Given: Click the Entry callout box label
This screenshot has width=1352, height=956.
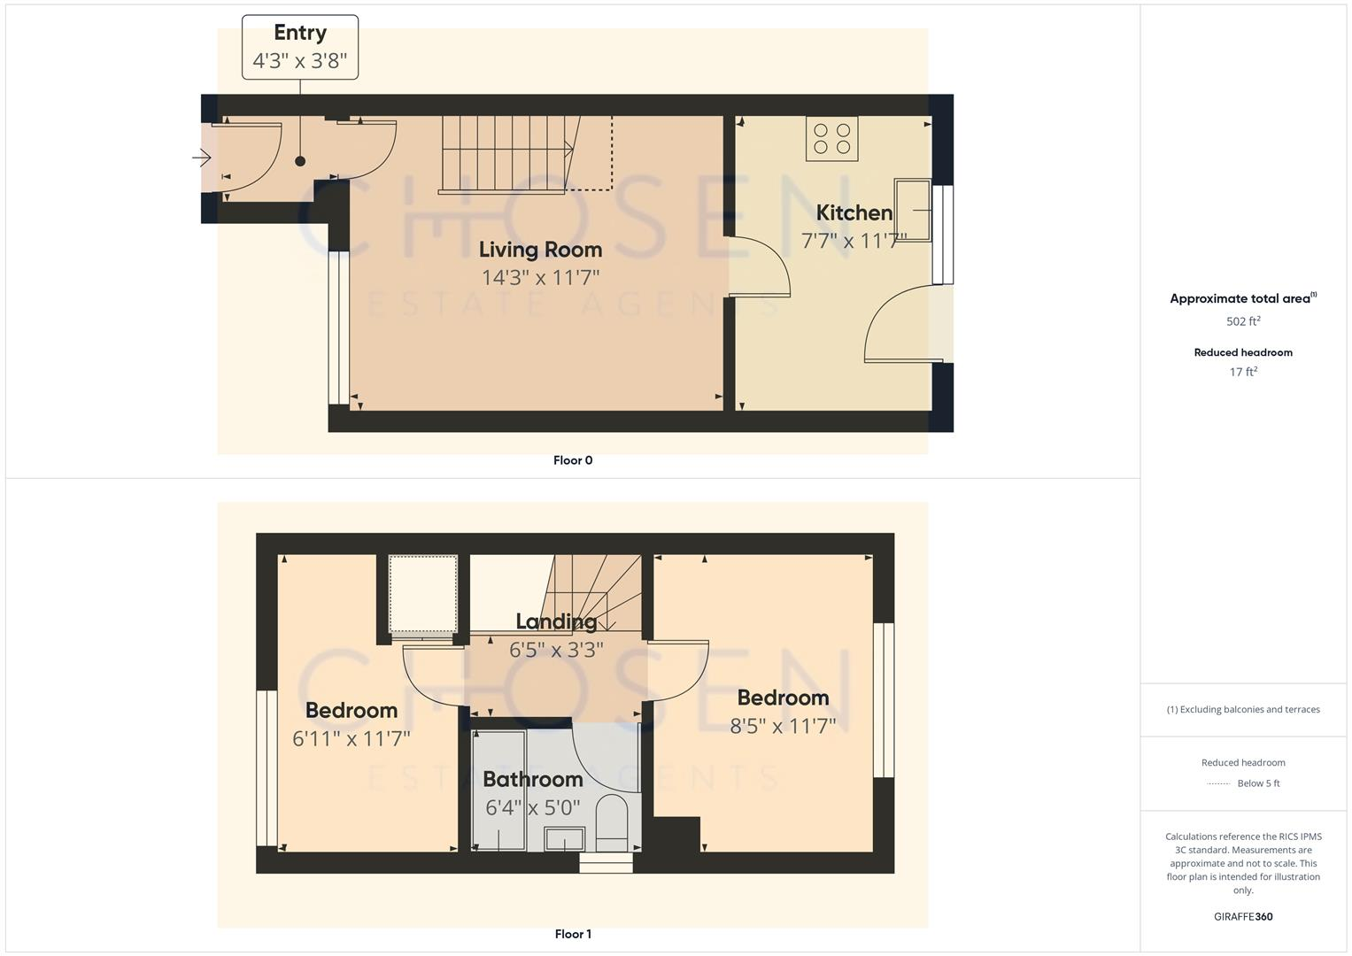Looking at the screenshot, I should [x=300, y=33].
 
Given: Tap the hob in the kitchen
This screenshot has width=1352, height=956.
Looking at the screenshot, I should [x=831, y=139].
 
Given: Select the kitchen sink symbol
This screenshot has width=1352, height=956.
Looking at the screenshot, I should [x=913, y=209].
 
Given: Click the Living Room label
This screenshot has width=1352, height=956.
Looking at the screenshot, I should [x=540, y=250].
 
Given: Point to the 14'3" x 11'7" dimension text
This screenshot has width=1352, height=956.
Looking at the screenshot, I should [x=540, y=277].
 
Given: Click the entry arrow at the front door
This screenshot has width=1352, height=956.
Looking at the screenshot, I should [x=202, y=158].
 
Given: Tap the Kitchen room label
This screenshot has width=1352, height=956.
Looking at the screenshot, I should [x=854, y=212].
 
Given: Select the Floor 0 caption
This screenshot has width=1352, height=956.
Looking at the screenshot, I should [x=573, y=460].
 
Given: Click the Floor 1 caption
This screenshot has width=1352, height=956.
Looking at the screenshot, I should [x=573, y=934].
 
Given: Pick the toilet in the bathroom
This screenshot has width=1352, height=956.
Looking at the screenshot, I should [x=612, y=819].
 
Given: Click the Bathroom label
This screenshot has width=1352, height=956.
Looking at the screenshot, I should [x=532, y=779].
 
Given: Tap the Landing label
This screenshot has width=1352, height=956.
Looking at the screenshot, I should [x=556, y=621].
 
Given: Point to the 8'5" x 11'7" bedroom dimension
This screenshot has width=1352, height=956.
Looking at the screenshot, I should [x=783, y=726].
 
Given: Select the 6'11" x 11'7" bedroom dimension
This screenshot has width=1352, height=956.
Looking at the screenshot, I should [x=352, y=738].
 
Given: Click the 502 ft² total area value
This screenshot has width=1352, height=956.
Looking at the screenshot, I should [x=1243, y=321].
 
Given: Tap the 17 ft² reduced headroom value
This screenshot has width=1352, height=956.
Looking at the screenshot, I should [x=1243, y=372].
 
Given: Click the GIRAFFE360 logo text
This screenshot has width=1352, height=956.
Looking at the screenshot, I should [x=1243, y=916].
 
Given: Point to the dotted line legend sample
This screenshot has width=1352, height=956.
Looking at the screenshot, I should [x=1219, y=783].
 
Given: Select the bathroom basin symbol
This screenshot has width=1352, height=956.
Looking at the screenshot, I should [x=564, y=838].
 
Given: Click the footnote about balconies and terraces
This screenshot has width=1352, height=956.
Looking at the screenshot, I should [x=1243, y=709].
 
